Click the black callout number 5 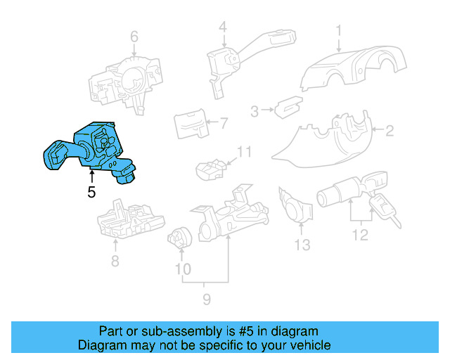pyautogui.click(x=91, y=192)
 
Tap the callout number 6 pyautogui.click(x=134, y=37)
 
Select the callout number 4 pyautogui.click(x=223, y=27)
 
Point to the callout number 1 pyautogui.click(x=339, y=30)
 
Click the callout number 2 pyautogui.click(x=390, y=131)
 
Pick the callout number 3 pyautogui.click(x=255, y=111)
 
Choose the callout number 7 pyautogui.click(x=224, y=124)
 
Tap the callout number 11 pyautogui.click(x=244, y=152)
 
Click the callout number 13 pyautogui.click(x=302, y=245)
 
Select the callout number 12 pyautogui.click(x=360, y=235)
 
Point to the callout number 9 pyautogui.click(x=207, y=299)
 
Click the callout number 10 pyautogui.click(x=183, y=269)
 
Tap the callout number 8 pyautogui.click(x=115, y=261)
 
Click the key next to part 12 pyautogui.click(x=384, y=209)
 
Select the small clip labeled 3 pyautogui.click(x=288, y=107)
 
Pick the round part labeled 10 pyautogui.click(x=180, y=238)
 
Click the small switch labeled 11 pyautogui.click(x=211, y=169)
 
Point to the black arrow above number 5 pyautogui.click(x=92, y=176)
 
